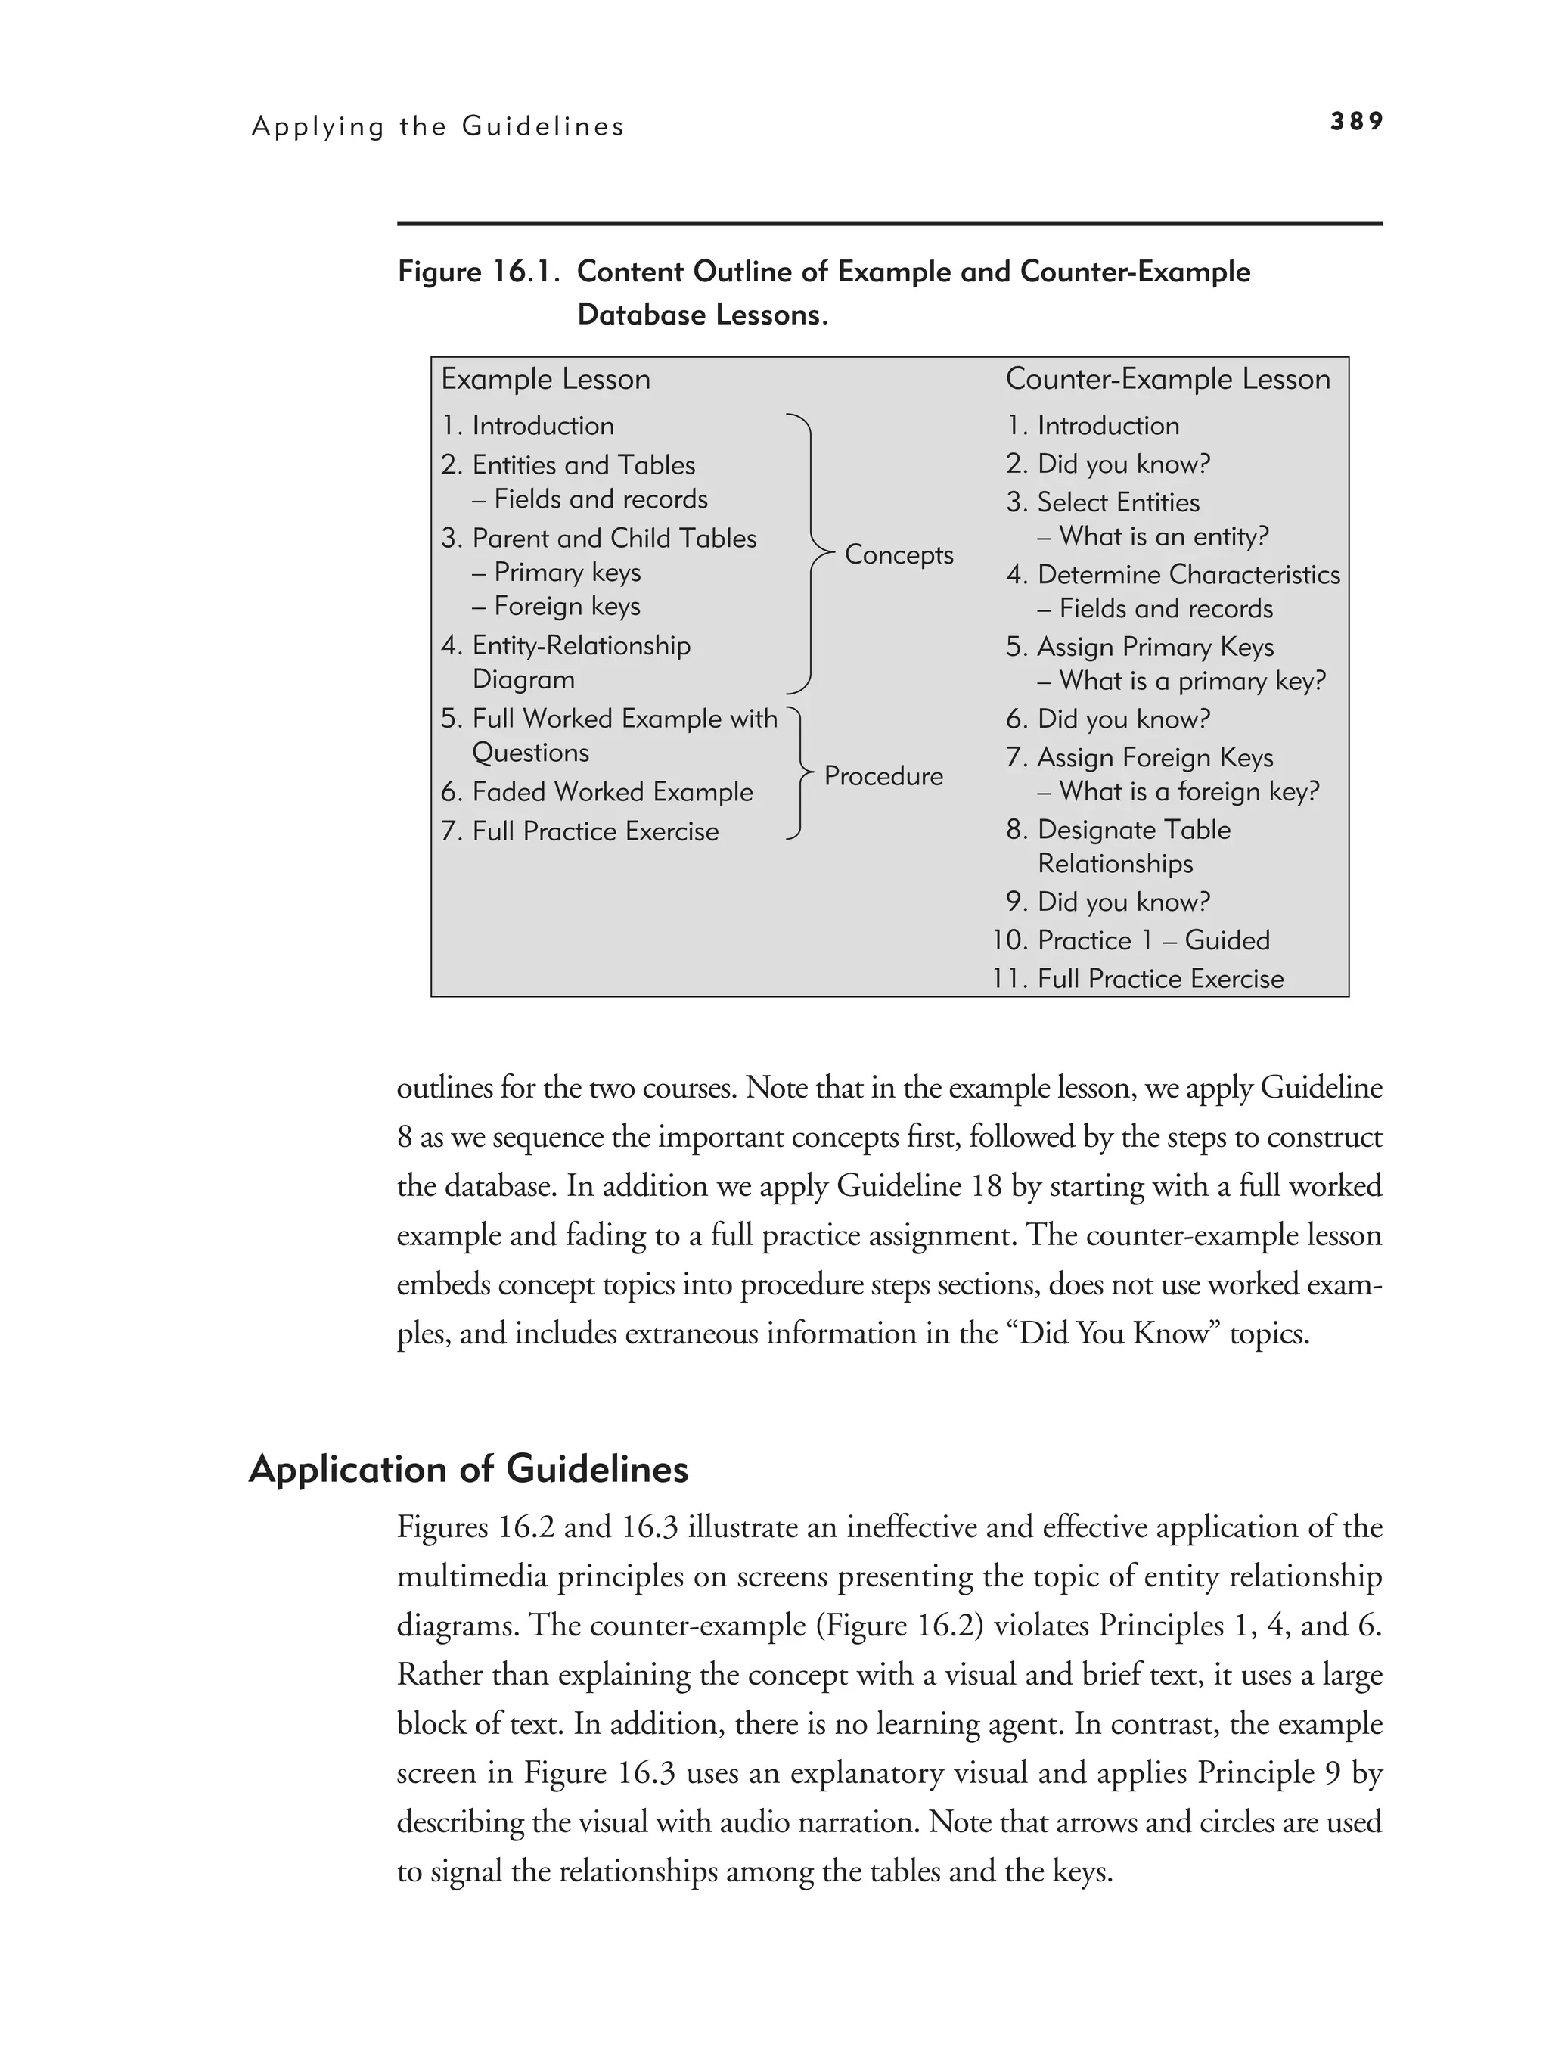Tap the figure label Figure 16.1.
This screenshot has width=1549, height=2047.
[x=479, y=272]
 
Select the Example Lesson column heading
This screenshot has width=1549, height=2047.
[x=545, y=380]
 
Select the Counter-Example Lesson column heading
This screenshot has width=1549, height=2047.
[x=1168, y=380]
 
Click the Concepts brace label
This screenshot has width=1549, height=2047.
[x=899, y=554]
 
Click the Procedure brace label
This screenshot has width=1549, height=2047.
[x=883, y=775]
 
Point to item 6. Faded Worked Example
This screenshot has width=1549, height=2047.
[x=597, y=792]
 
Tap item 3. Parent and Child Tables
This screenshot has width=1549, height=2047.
[x=599, y=539]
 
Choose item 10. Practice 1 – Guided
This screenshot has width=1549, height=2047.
[x=1131, y=940]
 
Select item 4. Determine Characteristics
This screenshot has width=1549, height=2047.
[x=1173, y=575]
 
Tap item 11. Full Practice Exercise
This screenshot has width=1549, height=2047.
[x=1138, y=979]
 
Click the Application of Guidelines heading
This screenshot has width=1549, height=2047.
[x=468, y=1470]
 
